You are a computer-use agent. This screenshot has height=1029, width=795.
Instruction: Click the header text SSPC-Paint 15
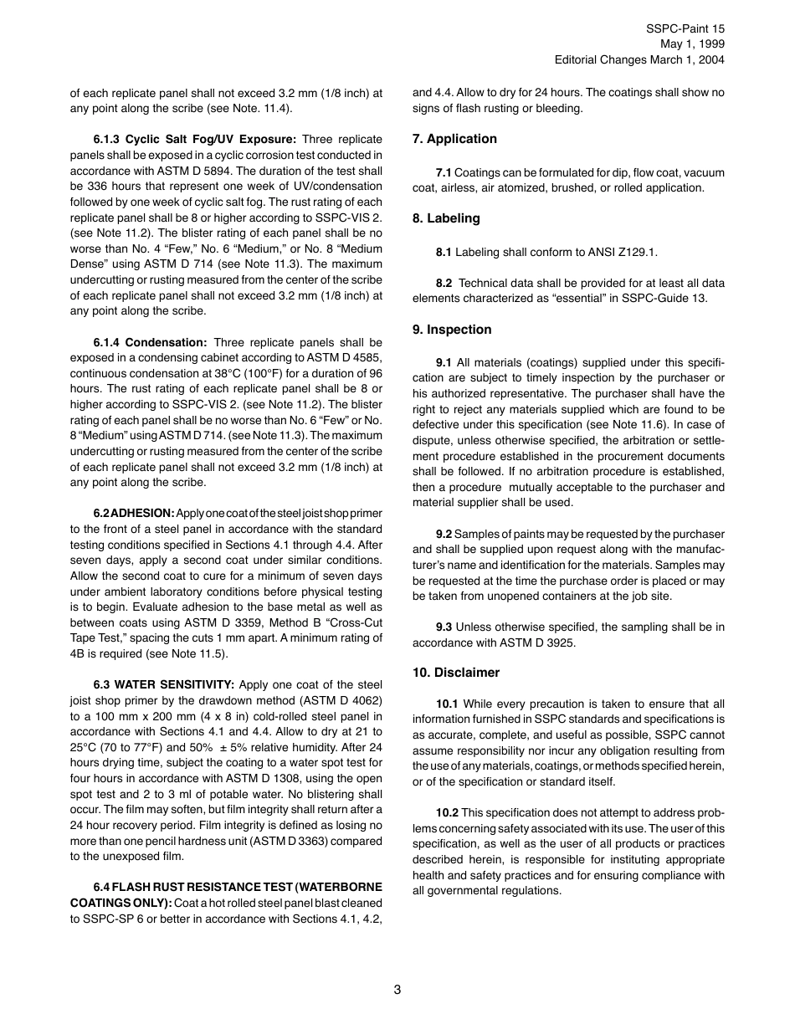[x=685, y=28]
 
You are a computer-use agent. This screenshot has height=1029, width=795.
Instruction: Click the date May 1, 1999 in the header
[x=692, y=44]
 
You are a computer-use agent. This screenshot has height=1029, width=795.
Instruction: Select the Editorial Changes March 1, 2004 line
[x=639, y=59]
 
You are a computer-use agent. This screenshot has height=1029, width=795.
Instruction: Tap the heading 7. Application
[x=454, y=139]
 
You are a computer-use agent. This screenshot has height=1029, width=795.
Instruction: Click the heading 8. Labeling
[x=446, y=218]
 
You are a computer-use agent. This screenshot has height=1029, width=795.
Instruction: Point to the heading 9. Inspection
[x=452, y=330]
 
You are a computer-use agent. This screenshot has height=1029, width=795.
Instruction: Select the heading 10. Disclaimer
[x=456, y=673]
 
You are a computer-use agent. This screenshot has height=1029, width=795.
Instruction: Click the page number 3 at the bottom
[x=397, y=990]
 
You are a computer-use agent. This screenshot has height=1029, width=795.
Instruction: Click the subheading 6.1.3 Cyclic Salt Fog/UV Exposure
[x=194, y=139]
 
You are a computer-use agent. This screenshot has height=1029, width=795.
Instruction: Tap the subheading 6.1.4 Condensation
[x=150, y=342]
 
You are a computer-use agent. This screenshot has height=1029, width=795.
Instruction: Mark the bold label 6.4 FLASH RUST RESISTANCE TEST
[x=226, y=887]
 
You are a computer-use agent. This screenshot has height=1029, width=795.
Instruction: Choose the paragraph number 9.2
[x=444, y=534]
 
